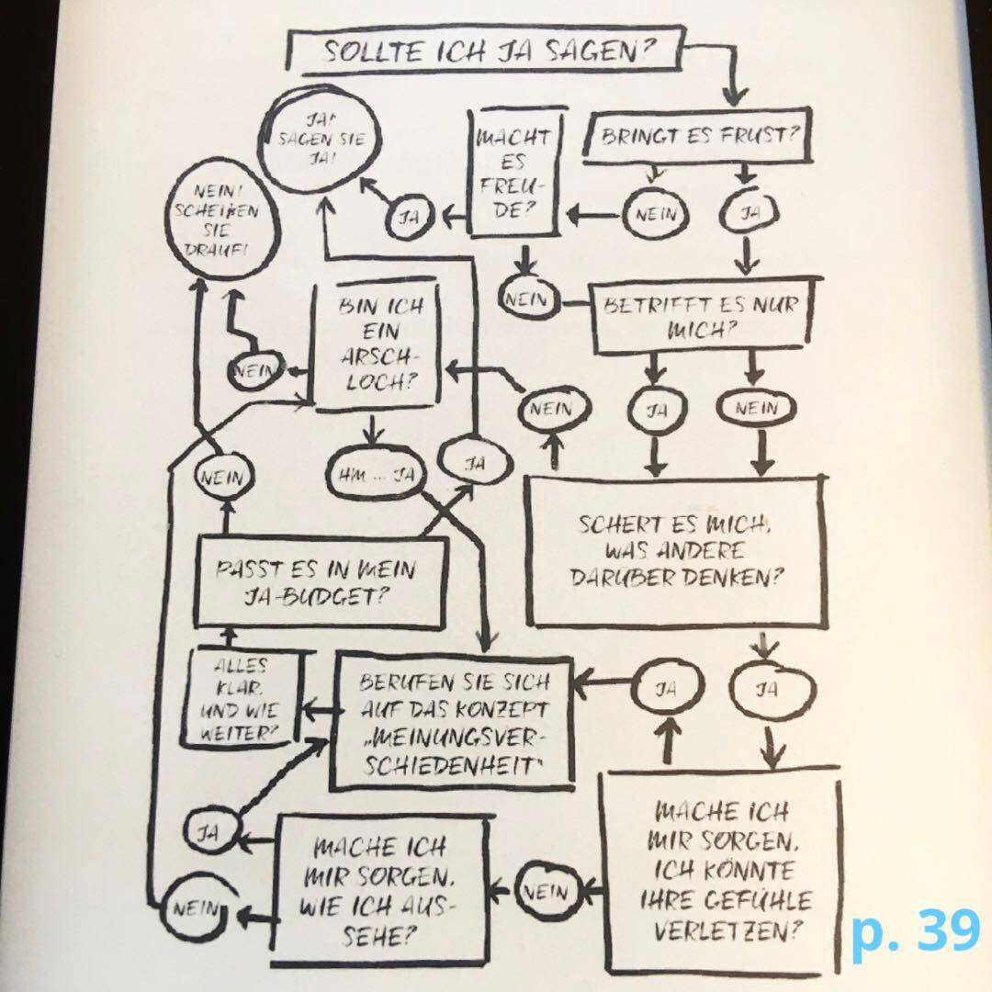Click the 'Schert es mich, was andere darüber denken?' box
(675, 551)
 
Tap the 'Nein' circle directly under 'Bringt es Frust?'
(654, 215)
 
